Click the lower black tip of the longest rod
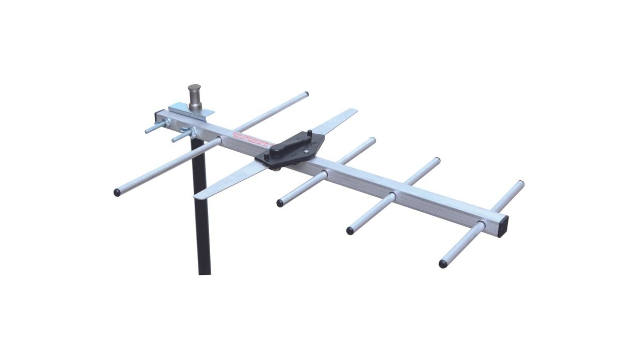coord(117,193)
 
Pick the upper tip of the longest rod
coord(306,95)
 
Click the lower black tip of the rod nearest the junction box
coord(280,204)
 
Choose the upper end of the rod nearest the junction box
coord(372,140)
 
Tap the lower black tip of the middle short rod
coord(350,231)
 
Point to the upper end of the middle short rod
coord(437,161)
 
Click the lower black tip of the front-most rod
coord(443,264)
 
